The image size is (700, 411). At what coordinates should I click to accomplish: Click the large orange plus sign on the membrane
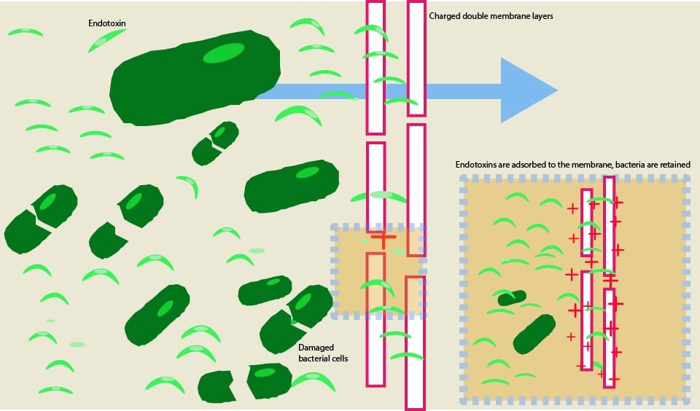tap(383, 237)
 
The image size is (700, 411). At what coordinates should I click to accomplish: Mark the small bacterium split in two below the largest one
tap(215, 143)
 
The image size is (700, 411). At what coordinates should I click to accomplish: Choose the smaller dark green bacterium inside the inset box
tap(511, 297)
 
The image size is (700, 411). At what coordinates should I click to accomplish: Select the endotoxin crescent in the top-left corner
tap(25, 32)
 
